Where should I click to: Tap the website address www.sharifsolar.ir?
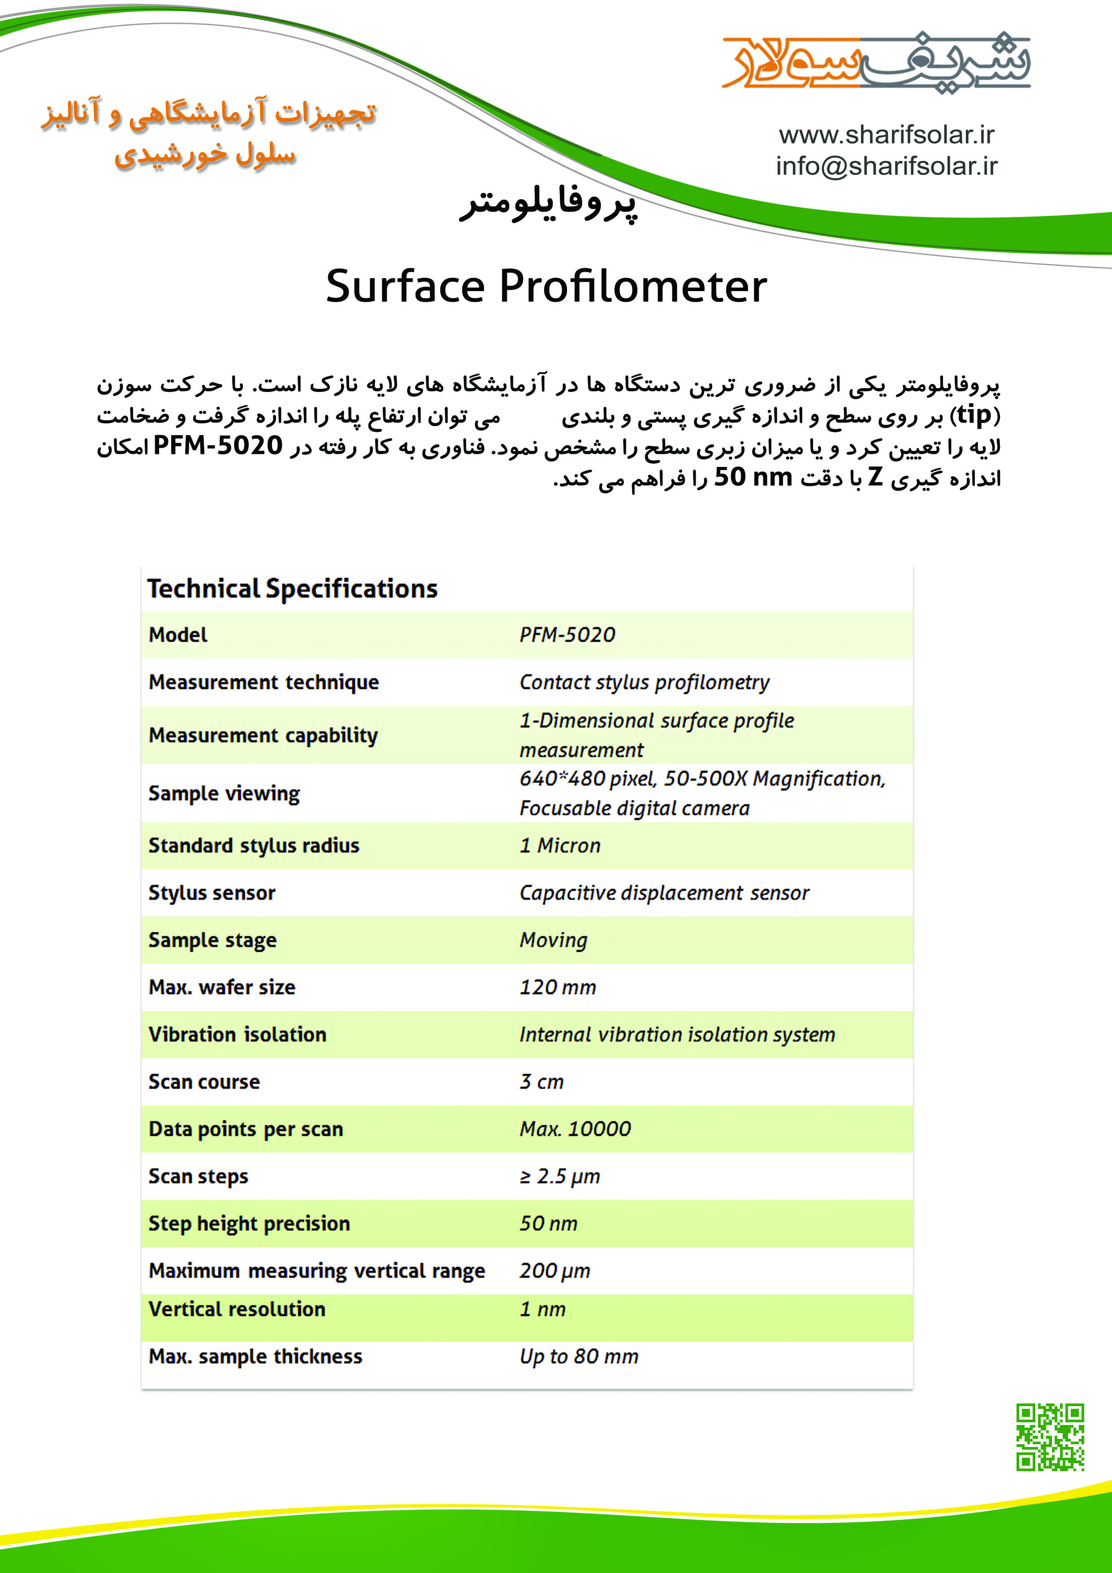[x=886, y=135]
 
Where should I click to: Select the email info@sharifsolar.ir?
[x=886, y=166]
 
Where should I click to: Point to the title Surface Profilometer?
[x=546, y=286]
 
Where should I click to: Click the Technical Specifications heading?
[x=292, y=588]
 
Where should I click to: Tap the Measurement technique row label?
[x=264, y=682]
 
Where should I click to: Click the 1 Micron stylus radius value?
[x=559, y=845]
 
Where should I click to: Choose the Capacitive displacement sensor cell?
[x=663, y=893]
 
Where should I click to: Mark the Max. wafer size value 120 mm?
[x=558, y=987]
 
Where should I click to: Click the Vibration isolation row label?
[x=237, y=1034]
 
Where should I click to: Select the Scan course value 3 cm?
[x=541, y=1082]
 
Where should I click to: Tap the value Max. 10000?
[x=575, y=1129]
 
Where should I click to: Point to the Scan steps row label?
[x=198, y=1176]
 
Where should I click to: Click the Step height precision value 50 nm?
[x=548, y=1224]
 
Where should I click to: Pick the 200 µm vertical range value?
[x=554, y=1271]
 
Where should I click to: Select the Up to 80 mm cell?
[x=579, y=1356]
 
